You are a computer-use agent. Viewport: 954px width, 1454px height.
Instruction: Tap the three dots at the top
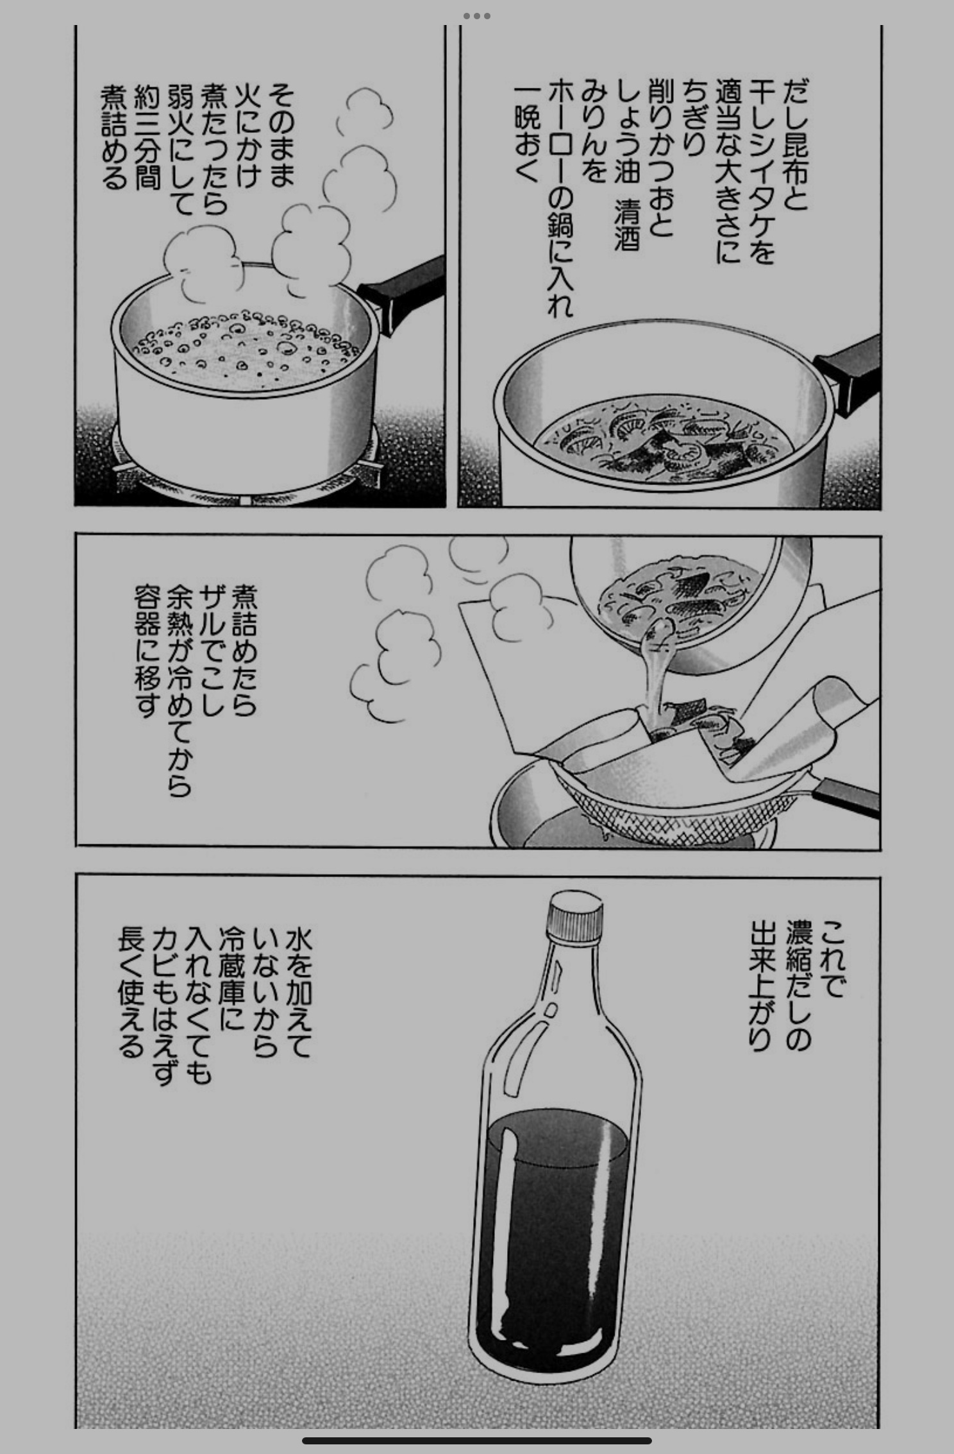click(476, 16)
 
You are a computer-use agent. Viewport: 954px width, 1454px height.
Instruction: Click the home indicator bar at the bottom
click(477, 1441)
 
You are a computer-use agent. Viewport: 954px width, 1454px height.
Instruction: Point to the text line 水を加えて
click(296, 994)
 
